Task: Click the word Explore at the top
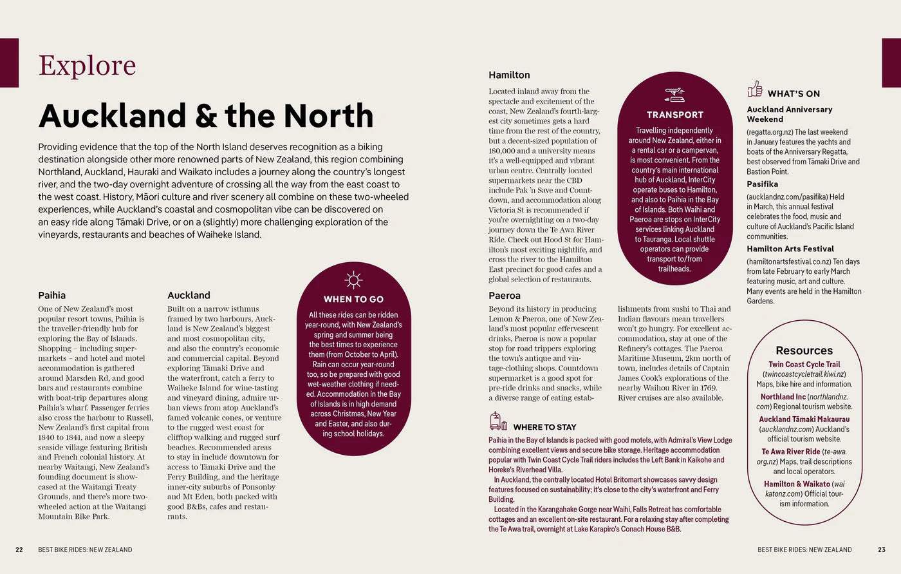pos(87,65)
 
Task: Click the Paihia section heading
pos(51,295)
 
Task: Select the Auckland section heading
pos(189,295)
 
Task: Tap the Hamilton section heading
pos(509,75)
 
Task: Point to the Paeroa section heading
pos(505,295)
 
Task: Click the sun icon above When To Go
pos(353,280)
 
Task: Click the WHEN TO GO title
pos(353,299)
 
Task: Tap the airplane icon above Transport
pos(674,95)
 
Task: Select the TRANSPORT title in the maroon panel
pos(675,115)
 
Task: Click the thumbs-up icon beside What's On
pos(755,89)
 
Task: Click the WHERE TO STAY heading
pos(544,427)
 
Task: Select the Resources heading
pos(804,350)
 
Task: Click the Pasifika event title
pos(762,184)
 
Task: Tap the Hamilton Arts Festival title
pos(790,249)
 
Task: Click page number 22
pos(19,550)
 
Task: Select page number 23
pos(882,550)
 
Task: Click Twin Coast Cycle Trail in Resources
pos(804,364)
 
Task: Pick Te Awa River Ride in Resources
pos(791,452)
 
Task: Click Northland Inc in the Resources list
pos(783,397)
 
